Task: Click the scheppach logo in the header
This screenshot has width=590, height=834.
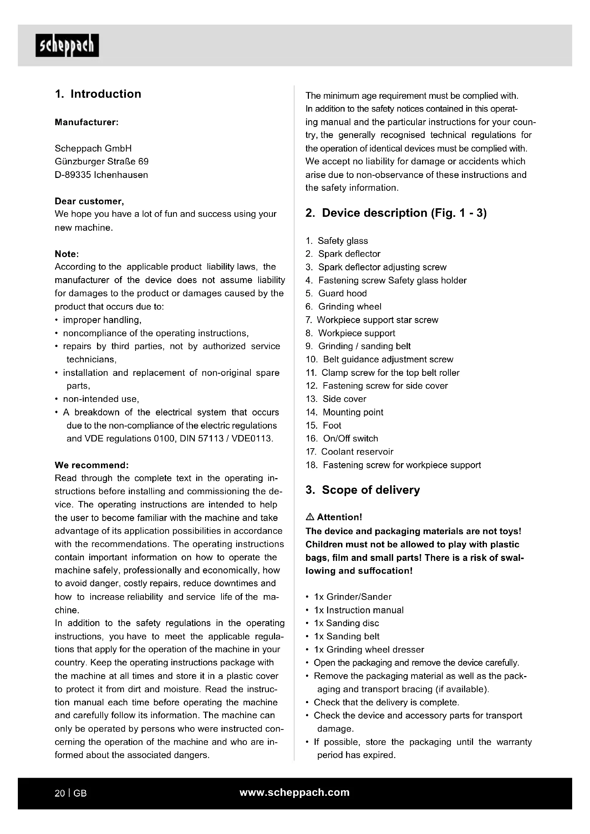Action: pos(67,45)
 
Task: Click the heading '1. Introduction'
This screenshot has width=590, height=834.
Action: pos(98,94)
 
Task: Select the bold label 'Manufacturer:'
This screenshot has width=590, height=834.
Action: pos(86,122)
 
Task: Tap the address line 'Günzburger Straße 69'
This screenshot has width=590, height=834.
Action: pos(101,161)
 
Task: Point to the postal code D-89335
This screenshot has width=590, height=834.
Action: pos(73,175)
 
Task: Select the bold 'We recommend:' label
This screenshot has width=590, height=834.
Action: pos(92,465)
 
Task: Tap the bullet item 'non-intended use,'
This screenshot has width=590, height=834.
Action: pos(101,399)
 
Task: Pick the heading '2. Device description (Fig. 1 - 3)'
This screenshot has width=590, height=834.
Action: pos(396,213)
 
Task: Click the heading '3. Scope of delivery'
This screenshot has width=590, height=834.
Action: pos(362,490)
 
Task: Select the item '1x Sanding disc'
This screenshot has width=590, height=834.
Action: pos(346,623)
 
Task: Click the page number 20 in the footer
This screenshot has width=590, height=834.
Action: pos(60,793)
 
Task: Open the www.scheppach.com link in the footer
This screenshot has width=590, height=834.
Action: pos(294,793)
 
